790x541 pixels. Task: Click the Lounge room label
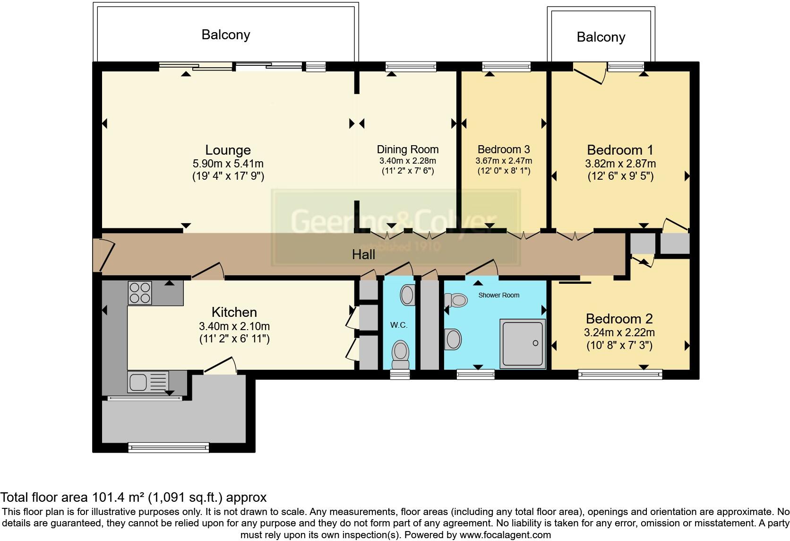pyautogui.click(x=228, y=150)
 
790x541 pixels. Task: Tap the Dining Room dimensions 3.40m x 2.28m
pyautogui.click(x=407, y=161)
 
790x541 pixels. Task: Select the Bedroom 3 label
pyautogui.click(x=504, y=149)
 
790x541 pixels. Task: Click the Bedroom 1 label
pyautogui.click(x=620, y=150)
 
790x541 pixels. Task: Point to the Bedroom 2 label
pyautogui.click(x=619, y=319)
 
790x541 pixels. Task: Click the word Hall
pyautogui.click(x=363, y=255)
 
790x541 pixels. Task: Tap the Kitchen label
pyautogui.click(x=234, y=312)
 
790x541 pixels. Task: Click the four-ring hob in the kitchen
pyautogui.click(x=140, y=293)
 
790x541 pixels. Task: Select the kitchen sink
pyautogui.click(x=138, y=382)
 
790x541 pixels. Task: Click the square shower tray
pyautogui.click(x=523, y=344)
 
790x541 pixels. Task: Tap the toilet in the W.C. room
pyautogui.click(x=401, y=354)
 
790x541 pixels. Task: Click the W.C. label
pyautogui.click(x=399, y=325)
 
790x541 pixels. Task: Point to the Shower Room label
pyautogui.click(x=498, y=295)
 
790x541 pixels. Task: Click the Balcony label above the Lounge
pyautogui.click(x=225, y=35)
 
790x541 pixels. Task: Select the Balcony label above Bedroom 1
pyautogui.click(x=601, y=37)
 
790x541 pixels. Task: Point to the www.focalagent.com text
pyautogui.click(x=505, y=535)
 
